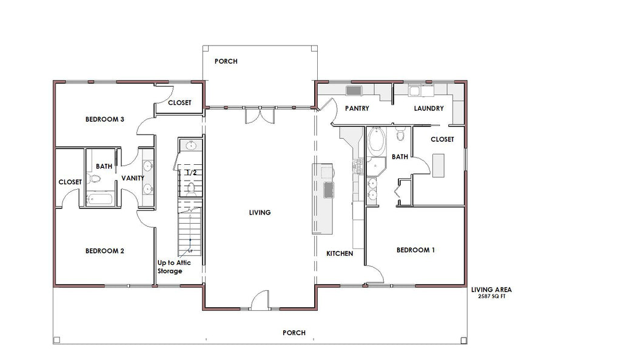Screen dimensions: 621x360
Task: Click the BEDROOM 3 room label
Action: click(105, 119)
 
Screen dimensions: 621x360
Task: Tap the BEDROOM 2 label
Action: click(105, 251)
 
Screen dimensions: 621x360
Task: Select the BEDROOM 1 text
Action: click(416, 250)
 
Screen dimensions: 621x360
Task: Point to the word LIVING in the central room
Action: click(260, 213)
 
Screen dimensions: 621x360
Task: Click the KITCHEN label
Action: click(340, 253)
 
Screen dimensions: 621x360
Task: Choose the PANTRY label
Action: click(357, 108)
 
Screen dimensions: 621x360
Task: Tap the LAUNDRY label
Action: click(429, 108)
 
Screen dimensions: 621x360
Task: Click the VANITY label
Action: click(133, 178)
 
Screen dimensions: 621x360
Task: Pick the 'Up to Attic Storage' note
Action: click(174, 267)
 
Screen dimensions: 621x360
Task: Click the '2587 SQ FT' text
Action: click(492, 296)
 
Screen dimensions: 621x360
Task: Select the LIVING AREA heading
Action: click(491, 290)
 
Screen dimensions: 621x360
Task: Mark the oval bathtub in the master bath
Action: click(376, 141)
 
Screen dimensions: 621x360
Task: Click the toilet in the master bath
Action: click(401, 133)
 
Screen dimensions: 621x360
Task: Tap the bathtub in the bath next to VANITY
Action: click(100, 199)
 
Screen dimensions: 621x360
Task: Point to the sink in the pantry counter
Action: click(354, 90)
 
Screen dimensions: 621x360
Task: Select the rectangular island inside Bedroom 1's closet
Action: click(438, 165)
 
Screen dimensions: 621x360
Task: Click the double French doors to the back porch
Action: click(260, 115)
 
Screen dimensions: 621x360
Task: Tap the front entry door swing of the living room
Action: click(260, 300)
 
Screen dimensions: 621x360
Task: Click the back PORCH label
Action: click(226, 61)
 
